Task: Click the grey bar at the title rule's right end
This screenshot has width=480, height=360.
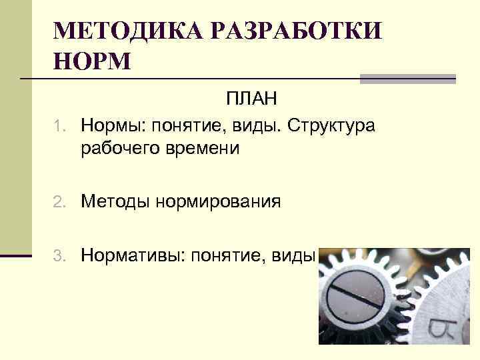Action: point(408,79)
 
